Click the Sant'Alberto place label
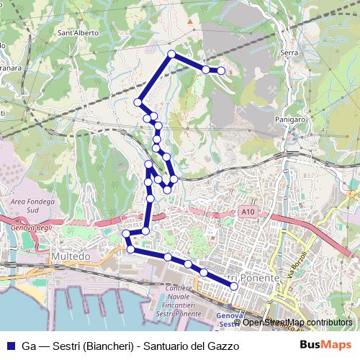(78, 33)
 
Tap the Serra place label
(289, 53)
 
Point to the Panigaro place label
(291, 120)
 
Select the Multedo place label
(71, 256)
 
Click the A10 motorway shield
(248, 212)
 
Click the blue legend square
(9, 346)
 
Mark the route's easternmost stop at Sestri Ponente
(234, 287)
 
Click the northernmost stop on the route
(171, 54)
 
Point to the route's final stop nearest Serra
(220, 70)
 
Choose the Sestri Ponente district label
(243, 278)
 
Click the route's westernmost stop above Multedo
(126, 233)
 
